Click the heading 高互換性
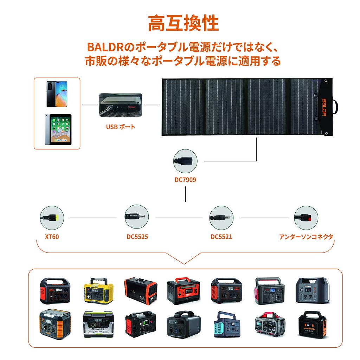pyautogui.click(x=183, y=24)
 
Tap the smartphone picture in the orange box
pyautogui.click(x=56, y=94)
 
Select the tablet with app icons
pyautogui.click(x=58, y=129)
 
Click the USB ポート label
pyautogui.click(x=120, y=127)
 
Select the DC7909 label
pyautogui.click(x=185, y=180)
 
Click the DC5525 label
pyautogui.click(x=137, y=237)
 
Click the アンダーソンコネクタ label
pyautogui.click(x=306, y=237)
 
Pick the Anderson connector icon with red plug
pyautogui.click(x=306, y=218)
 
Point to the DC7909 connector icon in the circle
pyautogui.click(x=185, y=161)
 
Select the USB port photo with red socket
pyautogui.click(x=120, y=104)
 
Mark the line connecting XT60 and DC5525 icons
pyautogui.click(x=93, y=218)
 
